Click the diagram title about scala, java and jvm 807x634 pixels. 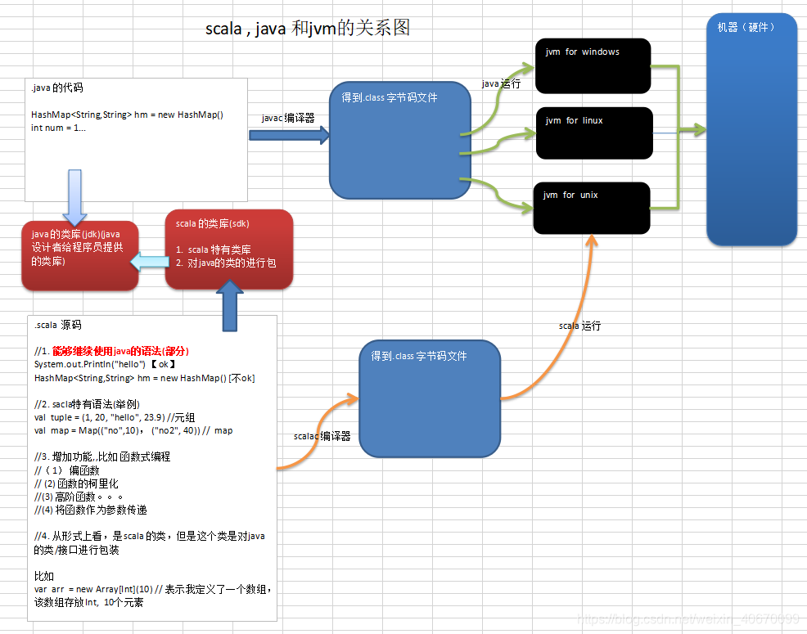click(x=307, y=29)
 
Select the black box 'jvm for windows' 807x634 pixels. click(x=592, y=65)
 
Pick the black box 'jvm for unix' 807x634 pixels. click(x=591, y=208)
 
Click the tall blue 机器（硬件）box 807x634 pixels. click(x=751, y=129)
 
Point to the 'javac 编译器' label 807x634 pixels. click(x=288, y=118)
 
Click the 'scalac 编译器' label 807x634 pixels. click(x=322, y=436)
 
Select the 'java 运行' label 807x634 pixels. click(x=501, y=84)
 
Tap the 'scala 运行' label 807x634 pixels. click(x=579, y=326)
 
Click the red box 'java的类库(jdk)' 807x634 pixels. click(x=79, y=255)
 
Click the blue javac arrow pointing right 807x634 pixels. click(x=288, y=135)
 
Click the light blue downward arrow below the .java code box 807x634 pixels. click(x=74, y=196)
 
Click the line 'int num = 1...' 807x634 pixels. click(x=59, y=128)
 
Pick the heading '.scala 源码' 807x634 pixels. click(x=58, y=325)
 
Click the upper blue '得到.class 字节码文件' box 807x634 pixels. click(x=400, y=140)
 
